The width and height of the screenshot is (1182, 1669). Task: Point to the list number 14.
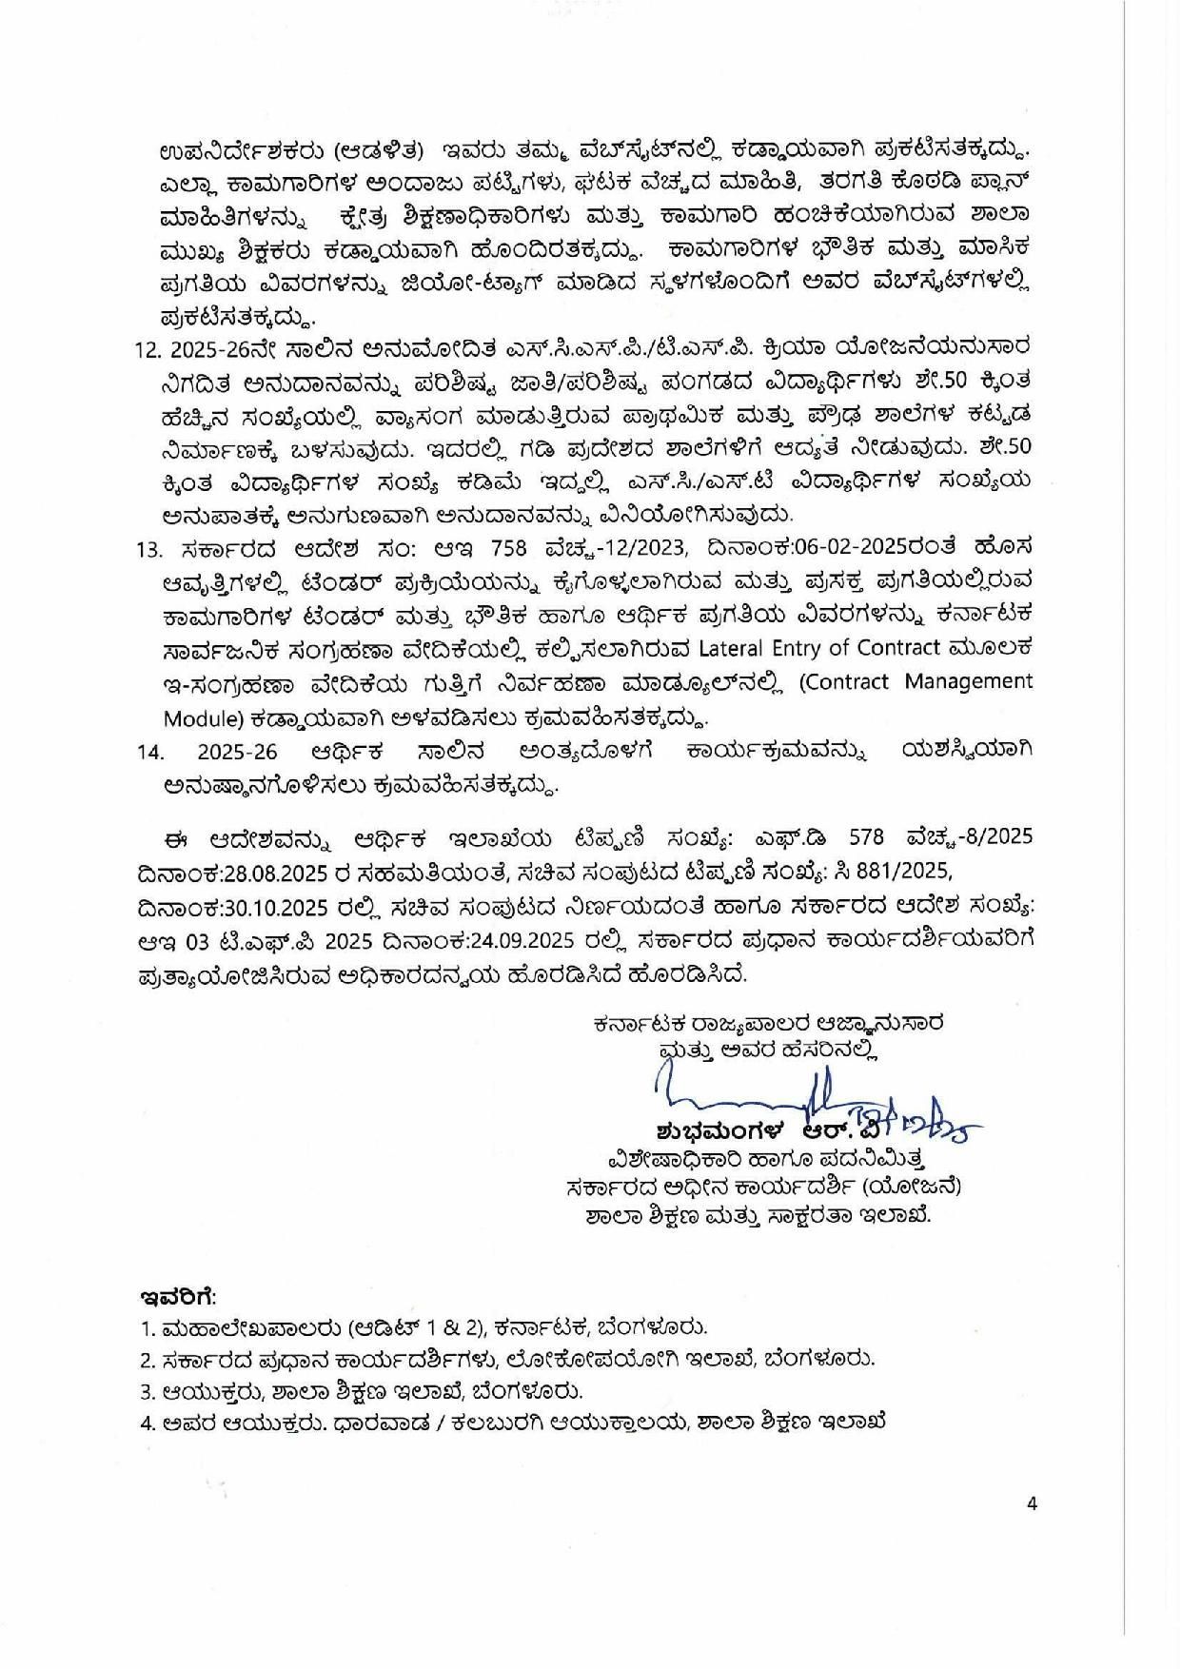click(150, 752)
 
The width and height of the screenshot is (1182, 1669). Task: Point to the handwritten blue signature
click(809, 1104)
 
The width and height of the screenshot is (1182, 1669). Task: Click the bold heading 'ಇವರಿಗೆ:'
click(177, 1297)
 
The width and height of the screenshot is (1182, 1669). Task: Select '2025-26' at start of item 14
click(238, 752)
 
